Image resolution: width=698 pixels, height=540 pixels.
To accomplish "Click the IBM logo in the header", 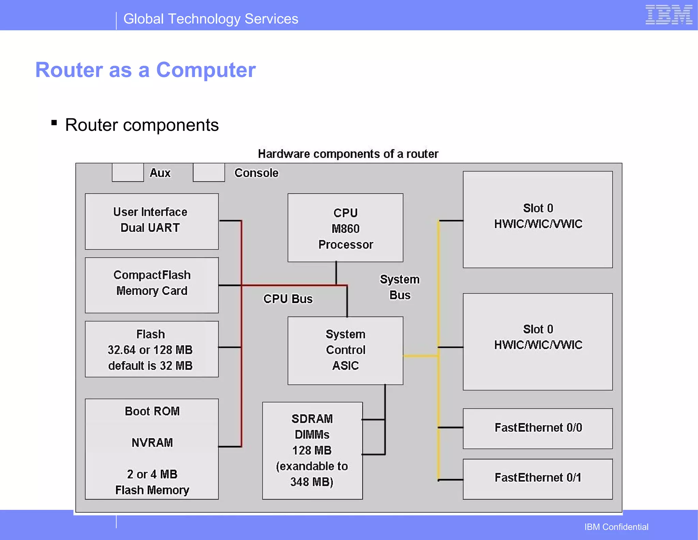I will pos(669,15).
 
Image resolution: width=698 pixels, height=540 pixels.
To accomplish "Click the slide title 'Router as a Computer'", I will pos(146,70).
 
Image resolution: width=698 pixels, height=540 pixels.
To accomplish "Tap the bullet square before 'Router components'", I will pos(54,122).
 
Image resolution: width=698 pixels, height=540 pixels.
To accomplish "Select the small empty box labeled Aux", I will pos(128,172).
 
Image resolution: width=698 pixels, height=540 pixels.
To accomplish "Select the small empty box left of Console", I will pos(209,172).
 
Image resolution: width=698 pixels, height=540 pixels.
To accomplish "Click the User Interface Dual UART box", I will pos(152,221).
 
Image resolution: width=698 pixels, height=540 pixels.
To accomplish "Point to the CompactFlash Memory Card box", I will pos(152,285).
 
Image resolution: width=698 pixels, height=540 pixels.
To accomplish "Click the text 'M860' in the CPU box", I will pos(345,229).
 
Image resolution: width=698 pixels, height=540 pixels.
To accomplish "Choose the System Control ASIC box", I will pos(345,350).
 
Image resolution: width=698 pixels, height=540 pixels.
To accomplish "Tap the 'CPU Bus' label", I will pos(288,299).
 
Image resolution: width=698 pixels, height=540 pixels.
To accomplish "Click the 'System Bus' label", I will pos(400,287).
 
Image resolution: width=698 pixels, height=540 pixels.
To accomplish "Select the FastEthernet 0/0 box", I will pos(537,428).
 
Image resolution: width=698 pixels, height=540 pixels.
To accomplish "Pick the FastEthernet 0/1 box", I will pos(537,478).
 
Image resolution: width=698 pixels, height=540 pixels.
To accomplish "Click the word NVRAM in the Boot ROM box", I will pos(152,442).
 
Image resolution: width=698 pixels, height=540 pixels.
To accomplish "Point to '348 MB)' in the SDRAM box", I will pos(312,482).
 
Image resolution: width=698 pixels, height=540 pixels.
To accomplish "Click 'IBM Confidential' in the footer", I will pos(616,527).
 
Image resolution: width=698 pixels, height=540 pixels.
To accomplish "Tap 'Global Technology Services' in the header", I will pos(211,19).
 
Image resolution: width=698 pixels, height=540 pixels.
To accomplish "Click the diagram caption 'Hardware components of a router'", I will pos(348,154).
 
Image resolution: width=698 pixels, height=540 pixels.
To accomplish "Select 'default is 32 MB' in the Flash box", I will pos(150,366).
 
